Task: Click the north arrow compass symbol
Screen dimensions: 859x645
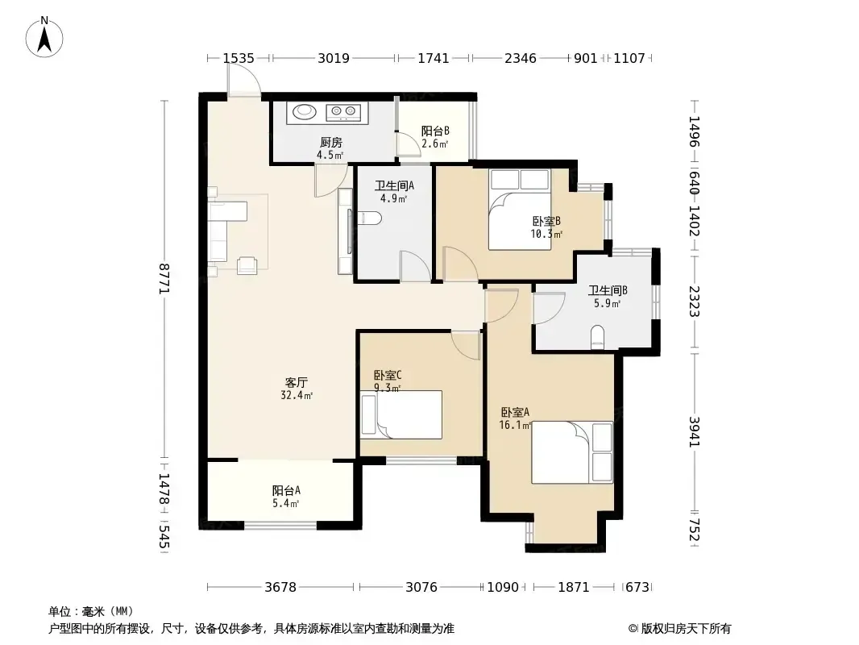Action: point(44,37)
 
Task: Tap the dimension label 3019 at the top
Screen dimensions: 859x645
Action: point(333,58)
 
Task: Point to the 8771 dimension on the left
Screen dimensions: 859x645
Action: point(164,278)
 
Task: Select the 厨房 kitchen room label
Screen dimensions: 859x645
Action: point(331,143)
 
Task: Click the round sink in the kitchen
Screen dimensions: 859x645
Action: point(305,112)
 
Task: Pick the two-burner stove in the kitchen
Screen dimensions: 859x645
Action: point(343,112)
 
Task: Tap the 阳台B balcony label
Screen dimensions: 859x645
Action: point(435,131)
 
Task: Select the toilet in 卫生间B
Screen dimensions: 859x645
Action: point(598,337)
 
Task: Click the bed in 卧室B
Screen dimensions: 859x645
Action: point(520,210)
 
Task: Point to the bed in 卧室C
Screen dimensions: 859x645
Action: point(401,415)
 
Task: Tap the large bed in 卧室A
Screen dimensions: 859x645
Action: point(572,452)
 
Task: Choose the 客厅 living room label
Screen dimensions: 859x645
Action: point(296,382)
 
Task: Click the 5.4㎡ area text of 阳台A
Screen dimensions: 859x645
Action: point(285,504)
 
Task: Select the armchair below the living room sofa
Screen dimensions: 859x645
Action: point(247,265)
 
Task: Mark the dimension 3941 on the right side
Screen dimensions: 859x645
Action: point(695,432)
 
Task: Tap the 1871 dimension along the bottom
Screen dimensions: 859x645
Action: point(573,588)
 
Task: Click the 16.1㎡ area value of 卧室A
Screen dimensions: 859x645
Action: point(515,425)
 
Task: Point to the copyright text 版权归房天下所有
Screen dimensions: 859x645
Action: point(686,629)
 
